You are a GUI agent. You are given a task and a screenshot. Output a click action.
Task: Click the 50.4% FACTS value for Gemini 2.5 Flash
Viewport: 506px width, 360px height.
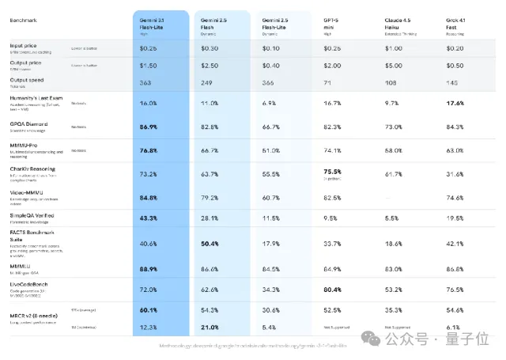[210, 244]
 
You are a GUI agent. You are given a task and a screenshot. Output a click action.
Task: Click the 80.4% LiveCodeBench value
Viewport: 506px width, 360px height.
[332, 290]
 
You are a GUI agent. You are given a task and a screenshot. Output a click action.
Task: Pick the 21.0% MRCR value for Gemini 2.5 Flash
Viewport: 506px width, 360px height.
[210, 327]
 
